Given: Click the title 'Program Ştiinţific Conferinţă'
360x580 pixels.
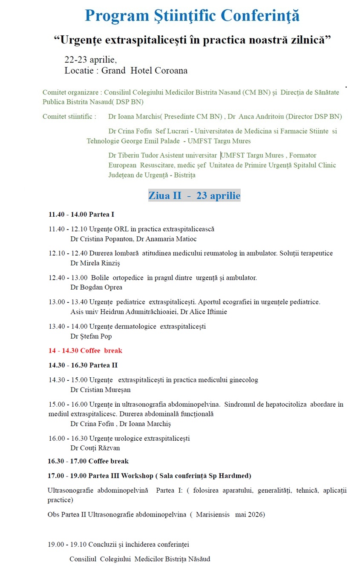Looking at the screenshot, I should [192, 16].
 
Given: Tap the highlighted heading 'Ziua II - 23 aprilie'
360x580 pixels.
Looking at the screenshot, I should [194, 195].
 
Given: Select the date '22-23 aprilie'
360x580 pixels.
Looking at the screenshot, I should [90, 59].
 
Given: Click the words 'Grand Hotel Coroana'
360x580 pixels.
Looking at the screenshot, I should [144, 71].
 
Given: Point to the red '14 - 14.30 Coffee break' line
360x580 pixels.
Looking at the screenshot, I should [85, 350].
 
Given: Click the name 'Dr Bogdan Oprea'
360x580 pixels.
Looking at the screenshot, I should [90, 287].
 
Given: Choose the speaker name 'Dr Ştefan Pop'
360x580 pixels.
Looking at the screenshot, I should [91, 336].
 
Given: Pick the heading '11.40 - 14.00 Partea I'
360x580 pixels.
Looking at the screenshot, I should [81, 215].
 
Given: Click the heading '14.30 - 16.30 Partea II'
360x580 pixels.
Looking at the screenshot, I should [83, 365].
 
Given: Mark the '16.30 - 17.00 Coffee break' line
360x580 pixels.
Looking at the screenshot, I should [88, 461].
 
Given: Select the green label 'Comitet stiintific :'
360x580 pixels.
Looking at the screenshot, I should [69, 116].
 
